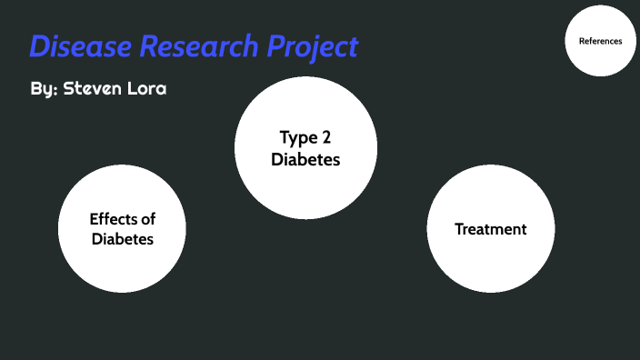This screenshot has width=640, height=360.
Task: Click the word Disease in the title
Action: pos(78,45)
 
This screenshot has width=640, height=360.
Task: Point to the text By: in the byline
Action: pos(42,91)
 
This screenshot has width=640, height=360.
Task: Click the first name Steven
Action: pos(100,91)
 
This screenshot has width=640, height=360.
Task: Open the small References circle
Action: pos(600,41)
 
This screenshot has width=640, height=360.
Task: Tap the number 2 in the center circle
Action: pos(325,138)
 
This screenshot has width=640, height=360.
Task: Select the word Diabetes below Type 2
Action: pos(305,159)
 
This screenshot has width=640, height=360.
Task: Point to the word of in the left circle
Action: pos(150,219)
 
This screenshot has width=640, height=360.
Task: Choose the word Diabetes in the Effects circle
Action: pos(122,240)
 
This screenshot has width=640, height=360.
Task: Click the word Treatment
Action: pos(490,229)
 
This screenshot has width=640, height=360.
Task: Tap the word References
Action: pos(600,41)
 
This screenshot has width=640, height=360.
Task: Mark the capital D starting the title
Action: pos(39,45)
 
